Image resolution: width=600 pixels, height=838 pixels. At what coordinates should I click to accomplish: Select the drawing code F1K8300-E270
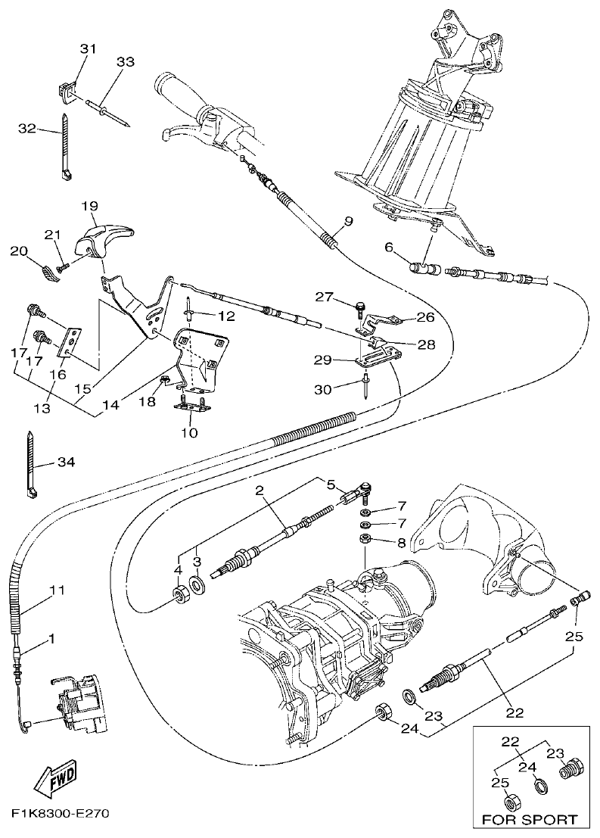pos(61,815)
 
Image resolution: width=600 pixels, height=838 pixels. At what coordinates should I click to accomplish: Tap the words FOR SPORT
pos(529,819)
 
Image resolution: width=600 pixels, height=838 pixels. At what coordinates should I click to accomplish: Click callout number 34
pos(66,462)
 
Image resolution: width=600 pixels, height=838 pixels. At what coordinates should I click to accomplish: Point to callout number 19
pos(90,206)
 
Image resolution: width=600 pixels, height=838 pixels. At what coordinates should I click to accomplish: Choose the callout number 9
pos(348,221)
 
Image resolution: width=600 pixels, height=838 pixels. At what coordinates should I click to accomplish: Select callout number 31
pos(89,49)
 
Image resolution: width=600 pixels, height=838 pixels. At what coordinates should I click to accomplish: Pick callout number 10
pos(189,432)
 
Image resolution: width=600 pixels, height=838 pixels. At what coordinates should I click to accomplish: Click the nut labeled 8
pos(364,540)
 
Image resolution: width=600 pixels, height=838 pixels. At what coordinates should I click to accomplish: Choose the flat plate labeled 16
pos(71,341)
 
